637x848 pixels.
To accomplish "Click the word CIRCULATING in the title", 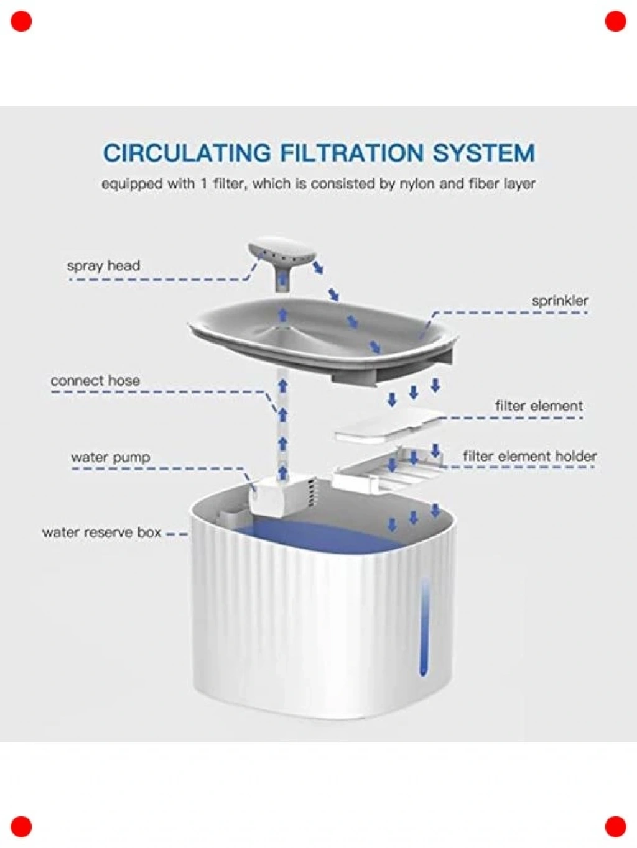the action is click(x=187, y=153).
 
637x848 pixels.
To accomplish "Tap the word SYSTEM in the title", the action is click(x=484, y=153).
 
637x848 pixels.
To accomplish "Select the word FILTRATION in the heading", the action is click(x=352, y=153).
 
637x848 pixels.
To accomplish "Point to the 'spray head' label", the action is click(x=103, y=266).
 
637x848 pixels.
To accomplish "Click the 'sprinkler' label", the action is click(x=560, y=301).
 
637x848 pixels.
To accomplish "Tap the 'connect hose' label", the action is click(x=95, y=381).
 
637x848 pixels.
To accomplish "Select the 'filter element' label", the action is click(x=539, y=406).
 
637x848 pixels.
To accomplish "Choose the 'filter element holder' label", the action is click(x=530, y=456).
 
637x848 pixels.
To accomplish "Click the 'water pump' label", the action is click(x=111, y=457).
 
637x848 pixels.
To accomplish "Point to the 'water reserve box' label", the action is click(x=101, y=533).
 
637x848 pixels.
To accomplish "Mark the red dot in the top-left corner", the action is click(x=21, y=21).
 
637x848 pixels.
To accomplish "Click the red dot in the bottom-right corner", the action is click(x=615, y=827).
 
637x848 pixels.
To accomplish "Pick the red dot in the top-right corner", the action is click(x=615, y=21).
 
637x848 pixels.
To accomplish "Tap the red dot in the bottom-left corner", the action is click(x=21, y=827).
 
